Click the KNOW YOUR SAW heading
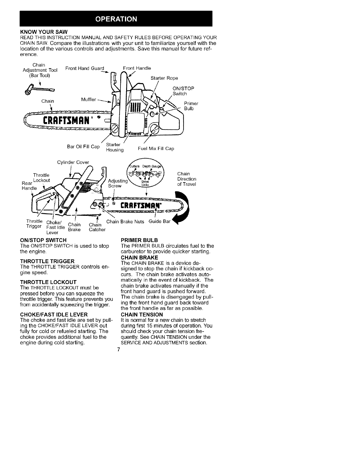coord(44,32)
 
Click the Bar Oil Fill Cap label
coord(83,146)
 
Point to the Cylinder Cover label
coord(73,162)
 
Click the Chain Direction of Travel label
coord(187,179)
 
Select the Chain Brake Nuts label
coord(125,221)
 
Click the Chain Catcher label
coord(97,227)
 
